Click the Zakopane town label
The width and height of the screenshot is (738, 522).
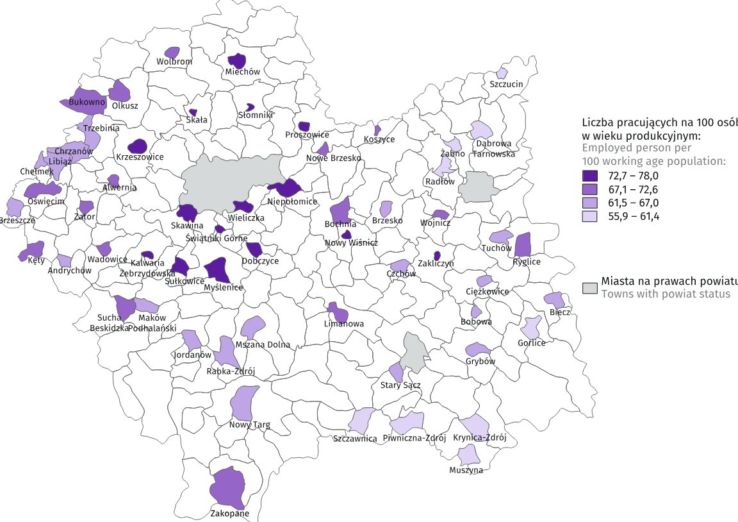pyautogui.click(x=230, y=514)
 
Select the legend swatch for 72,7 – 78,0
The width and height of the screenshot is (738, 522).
pyautogui.click(x=589, y=175)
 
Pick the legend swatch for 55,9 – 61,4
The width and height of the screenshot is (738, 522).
pyautogui.click(x=589, y=217)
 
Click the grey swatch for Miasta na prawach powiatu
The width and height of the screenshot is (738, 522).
pyautogui.click(x=589, y=287)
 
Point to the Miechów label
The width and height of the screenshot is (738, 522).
pyautogui.click(x=243, y=72)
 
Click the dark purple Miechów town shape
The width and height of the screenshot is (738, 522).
pyautogui.click(x=238, y=61)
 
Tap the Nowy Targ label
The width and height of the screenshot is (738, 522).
pyautogui.click(x=250, y=425)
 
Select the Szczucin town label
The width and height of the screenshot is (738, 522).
pyautogui.click(x=507, y=84)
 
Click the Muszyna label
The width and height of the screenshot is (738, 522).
pyautogui.click(x=466, y=470)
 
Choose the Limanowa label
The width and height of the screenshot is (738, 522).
pyautogui.click(x=344, y=324)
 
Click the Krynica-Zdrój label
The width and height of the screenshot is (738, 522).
pyautogui.click(x=480, y=438)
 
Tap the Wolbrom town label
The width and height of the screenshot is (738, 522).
pyautogui.click(x=174, y=62)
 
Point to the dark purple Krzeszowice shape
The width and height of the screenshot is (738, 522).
pyautogui.click(x=138, y=146)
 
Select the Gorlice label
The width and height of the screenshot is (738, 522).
pyautogui.click(x=532, y=343)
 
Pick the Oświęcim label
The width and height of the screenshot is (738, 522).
pyautogui.click(x=47, y=201)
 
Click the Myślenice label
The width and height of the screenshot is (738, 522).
pyautogui.click(x=223, y=287)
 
